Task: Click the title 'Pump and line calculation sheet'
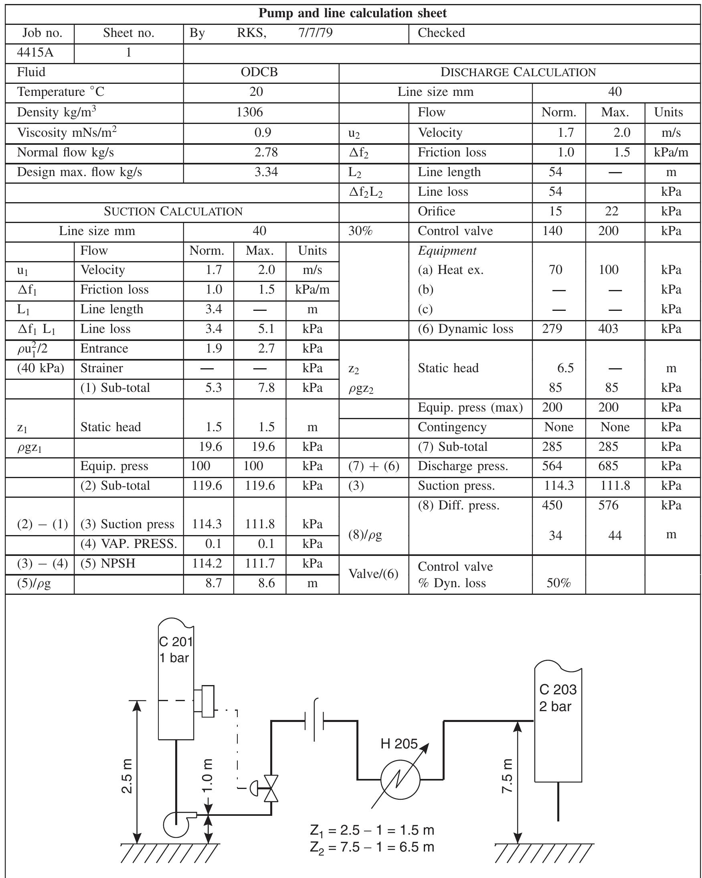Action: click(352, 14)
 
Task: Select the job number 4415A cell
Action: click(35, 53)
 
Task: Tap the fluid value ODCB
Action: click(259, 72)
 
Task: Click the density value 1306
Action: click(249, 112)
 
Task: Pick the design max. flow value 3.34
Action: click(266, 172)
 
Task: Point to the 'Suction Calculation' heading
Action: click(173, 211)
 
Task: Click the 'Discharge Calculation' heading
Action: click(518, 73)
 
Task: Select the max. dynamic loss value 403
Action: click(608, 328)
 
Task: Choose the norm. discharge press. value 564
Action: click(552, 466)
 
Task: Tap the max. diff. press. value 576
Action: click(608, 505)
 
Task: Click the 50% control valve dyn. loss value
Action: click(558, 583)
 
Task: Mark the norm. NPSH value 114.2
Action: click(207, 564)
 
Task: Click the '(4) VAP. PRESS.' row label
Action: click(129, 543)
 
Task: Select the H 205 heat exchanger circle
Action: click(400, 779)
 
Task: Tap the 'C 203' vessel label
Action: click(558, 689)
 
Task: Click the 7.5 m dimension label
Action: click(507, 776)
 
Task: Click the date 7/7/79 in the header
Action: click(316, 33)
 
